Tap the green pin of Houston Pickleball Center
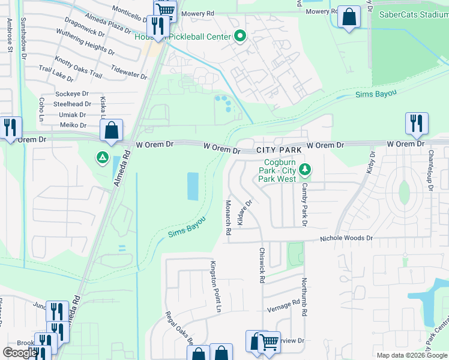240,37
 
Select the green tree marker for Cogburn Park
306,170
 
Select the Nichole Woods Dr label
346,238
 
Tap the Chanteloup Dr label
430,170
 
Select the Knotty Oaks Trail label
79,65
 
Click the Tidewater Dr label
128,73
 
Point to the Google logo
20,353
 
